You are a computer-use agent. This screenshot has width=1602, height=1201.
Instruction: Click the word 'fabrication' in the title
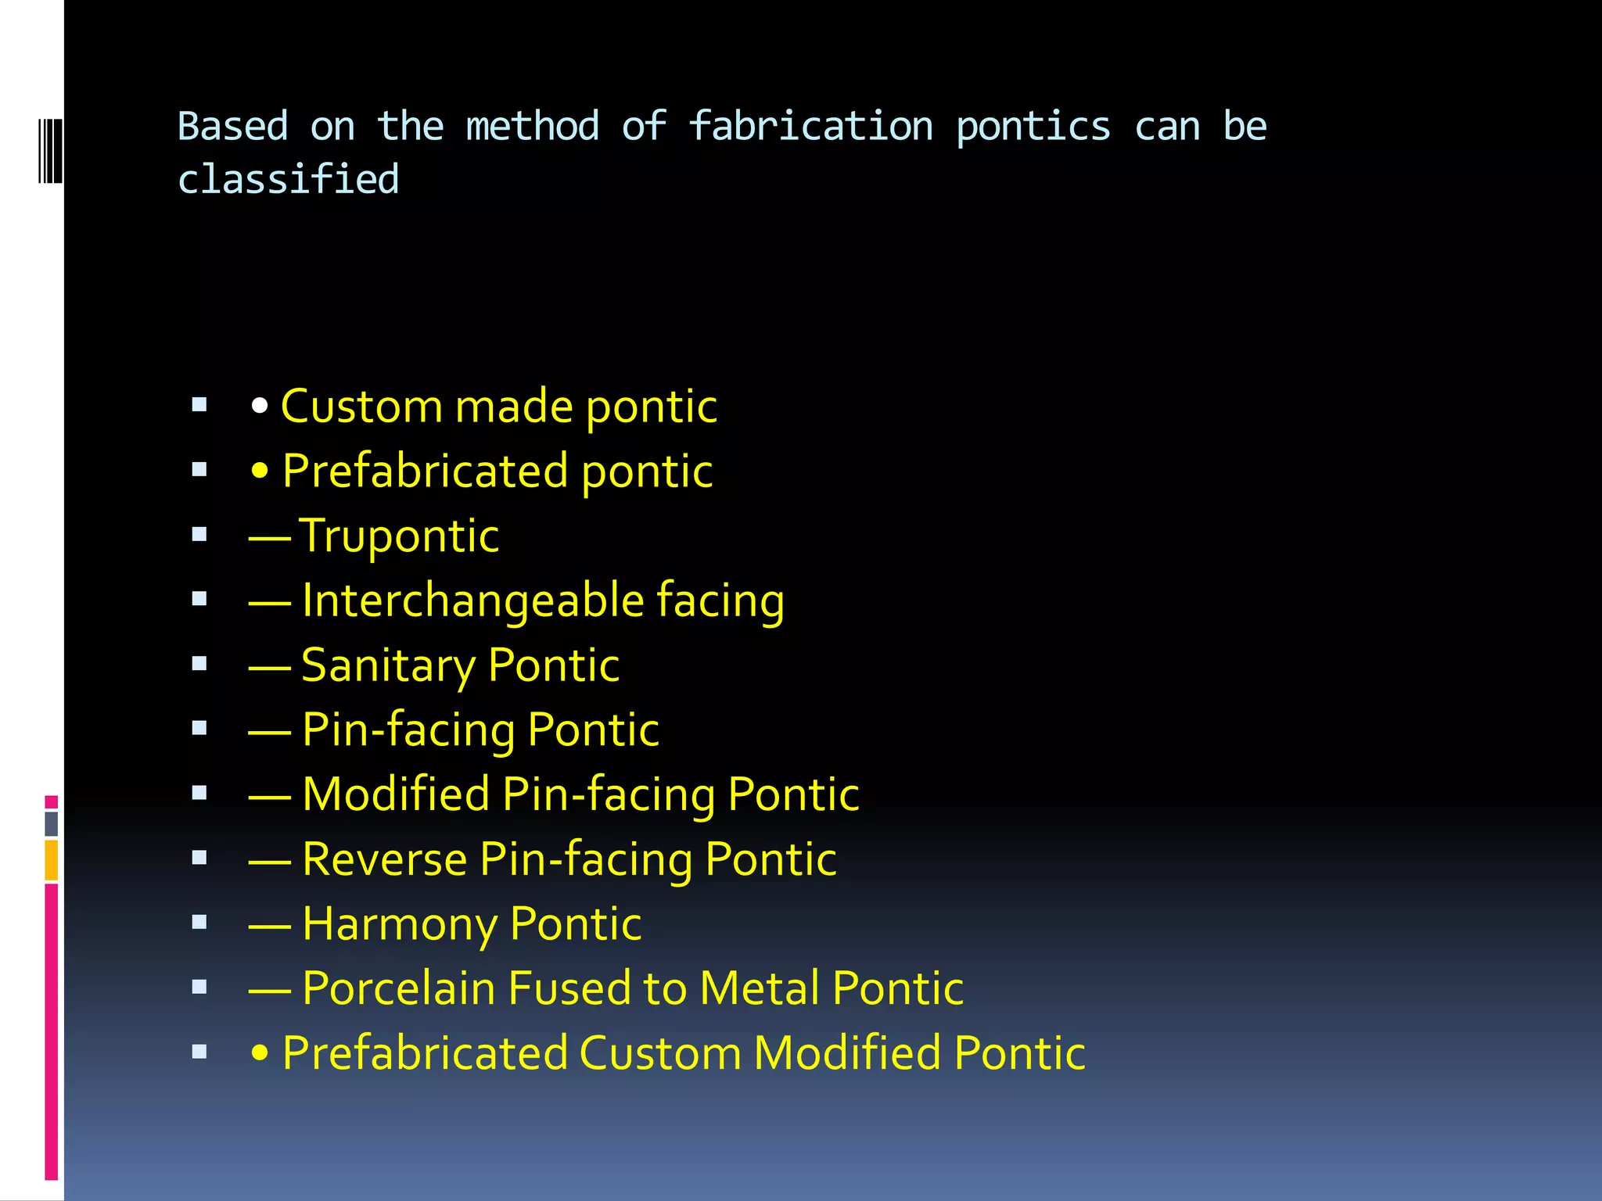coord(810,127)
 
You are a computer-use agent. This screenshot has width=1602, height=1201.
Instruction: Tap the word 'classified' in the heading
coord(288,179)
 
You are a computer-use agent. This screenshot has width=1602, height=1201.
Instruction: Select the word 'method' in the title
coord(532,127)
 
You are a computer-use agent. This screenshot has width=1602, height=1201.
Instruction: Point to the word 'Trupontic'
coord(399,536)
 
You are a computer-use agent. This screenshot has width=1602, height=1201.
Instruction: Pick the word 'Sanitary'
coord(388,666)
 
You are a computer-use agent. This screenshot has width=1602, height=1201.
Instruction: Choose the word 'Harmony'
coord(399,924)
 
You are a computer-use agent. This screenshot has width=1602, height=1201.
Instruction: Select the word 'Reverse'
coord(385,859)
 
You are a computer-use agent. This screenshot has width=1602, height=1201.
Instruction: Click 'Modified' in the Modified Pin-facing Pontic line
coord(396,794)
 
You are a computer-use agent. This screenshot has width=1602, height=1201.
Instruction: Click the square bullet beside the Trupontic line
coord(199,535)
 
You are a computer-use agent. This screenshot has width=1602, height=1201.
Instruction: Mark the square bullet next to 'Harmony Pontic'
coord(199,923)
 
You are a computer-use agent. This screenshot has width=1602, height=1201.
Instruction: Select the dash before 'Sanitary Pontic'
coord(270,666)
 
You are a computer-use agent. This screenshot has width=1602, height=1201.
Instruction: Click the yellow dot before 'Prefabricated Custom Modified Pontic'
coord(260,1053)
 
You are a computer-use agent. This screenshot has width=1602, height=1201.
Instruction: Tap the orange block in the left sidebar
coord(52,860)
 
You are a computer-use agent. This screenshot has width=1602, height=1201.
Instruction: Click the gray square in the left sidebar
coord(52,823)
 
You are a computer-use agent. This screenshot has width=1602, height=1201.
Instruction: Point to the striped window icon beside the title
coord(50,151)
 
